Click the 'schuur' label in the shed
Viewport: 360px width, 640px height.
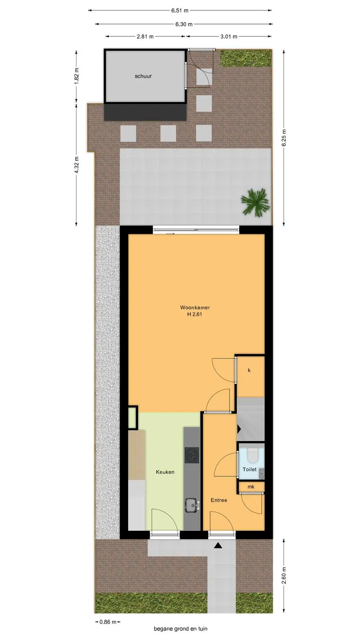[x=143, y=76]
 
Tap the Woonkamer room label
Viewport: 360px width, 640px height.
[x=195, y=308]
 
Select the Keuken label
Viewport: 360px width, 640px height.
[x=165, y=472]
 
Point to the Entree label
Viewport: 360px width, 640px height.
[x=219, y=500]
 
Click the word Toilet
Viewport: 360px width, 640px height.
[x=250, y=469]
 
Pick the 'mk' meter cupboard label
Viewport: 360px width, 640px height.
[x=251, y=486]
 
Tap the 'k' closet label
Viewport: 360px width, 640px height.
[x=249, y=370]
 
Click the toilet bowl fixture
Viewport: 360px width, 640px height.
[x=252, y=454]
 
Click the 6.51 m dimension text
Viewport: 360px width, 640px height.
[x=180, y=10]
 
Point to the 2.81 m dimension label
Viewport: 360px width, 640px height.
[x=145, y=36]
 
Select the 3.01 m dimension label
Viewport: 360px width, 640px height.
[x=228, y=36]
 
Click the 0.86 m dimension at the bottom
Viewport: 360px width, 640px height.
[x=108, y=622]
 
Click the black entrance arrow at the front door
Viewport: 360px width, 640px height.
[x=218, y=546]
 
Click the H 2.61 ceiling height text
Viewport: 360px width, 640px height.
[x=195, y=314]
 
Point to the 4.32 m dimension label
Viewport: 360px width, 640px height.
[x=76, y=165]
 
